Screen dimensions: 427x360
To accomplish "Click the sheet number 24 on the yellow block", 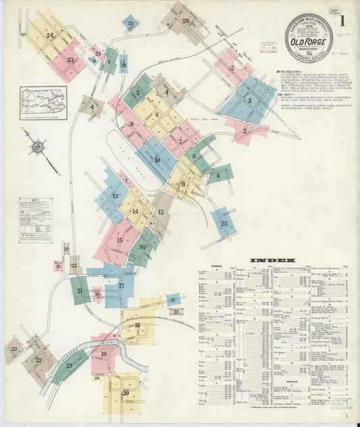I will tap(50, 34).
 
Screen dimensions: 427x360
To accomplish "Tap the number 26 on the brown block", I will tap(186, 20).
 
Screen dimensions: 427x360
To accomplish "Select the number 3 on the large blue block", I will tap(249, 101).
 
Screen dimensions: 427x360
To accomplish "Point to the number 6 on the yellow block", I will tap(157, 115).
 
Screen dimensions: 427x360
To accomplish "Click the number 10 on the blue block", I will tap(157, 160).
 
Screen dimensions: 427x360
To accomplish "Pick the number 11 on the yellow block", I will tap(183, 184).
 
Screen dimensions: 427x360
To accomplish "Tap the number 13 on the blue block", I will tap(115, 196).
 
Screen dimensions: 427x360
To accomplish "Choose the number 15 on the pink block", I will tap(120, 240).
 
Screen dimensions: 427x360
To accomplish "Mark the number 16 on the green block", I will tap(142, 247).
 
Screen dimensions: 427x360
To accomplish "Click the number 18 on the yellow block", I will tap(137, 326).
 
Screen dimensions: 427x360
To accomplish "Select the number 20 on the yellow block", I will tap(125, 393).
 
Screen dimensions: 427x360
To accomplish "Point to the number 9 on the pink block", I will tap(132, 124).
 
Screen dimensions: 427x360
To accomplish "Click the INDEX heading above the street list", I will tap(272, 260).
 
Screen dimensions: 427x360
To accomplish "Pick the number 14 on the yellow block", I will tap(134, 211).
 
